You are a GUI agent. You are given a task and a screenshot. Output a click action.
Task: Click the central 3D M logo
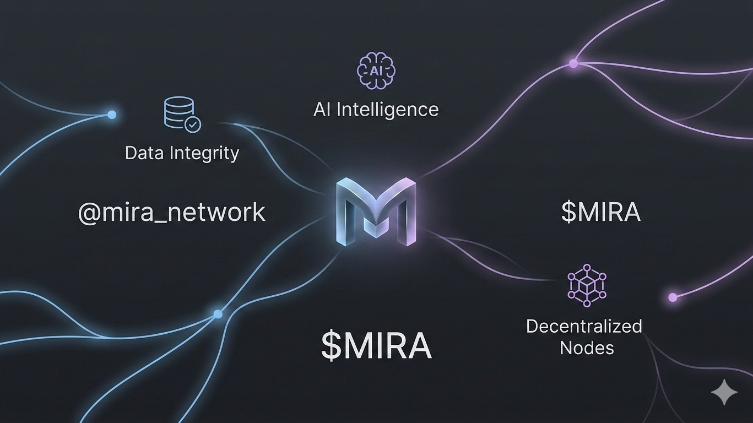pyautogui.click(x=376, y=211)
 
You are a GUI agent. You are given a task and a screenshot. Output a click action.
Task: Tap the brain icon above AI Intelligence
pyautogui.click(x=376, y=71)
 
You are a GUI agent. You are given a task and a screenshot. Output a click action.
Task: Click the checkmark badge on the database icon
pyautogui.click(x=192, y=124)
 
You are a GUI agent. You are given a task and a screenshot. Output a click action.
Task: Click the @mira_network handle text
pyautogui.click(x=171, y=213)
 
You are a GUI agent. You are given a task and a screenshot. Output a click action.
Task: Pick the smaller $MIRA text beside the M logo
pyautogui.click(x=600, y=212)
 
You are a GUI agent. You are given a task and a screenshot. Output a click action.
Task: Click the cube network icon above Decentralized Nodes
pyautogui.click(x=587, y=284)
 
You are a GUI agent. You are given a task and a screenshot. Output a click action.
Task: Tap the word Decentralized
pyautogui.click(x=584, y=326)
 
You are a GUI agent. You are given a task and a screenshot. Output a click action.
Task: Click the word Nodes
pyautogui.click(x=587, y=348)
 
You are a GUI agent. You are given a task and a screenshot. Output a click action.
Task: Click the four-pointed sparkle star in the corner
pyautogui.click(x=724, y=392)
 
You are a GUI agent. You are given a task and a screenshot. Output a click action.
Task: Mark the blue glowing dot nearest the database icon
pyautogui.click(x=112, y=115)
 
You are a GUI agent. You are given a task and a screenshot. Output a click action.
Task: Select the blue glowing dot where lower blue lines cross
pyautogui.click(x=218, y=314)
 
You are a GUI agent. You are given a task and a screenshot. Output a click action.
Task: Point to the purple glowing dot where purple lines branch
pyautogui.click(x=573, y=64)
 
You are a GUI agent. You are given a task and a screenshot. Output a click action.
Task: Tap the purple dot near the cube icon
pyautogui.click(x=672, y=297)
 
